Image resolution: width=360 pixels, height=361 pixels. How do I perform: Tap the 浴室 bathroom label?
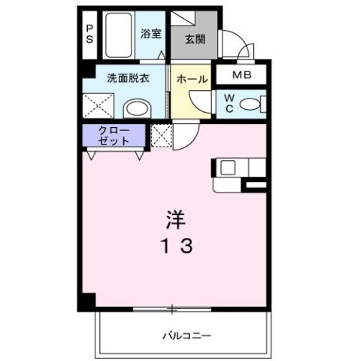point(151,33)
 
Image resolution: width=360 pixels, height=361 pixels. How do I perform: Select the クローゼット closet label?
point(115,136)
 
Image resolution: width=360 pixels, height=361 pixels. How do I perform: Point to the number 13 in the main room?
point(177,244)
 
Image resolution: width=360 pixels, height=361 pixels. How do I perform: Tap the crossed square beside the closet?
point(161,136)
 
